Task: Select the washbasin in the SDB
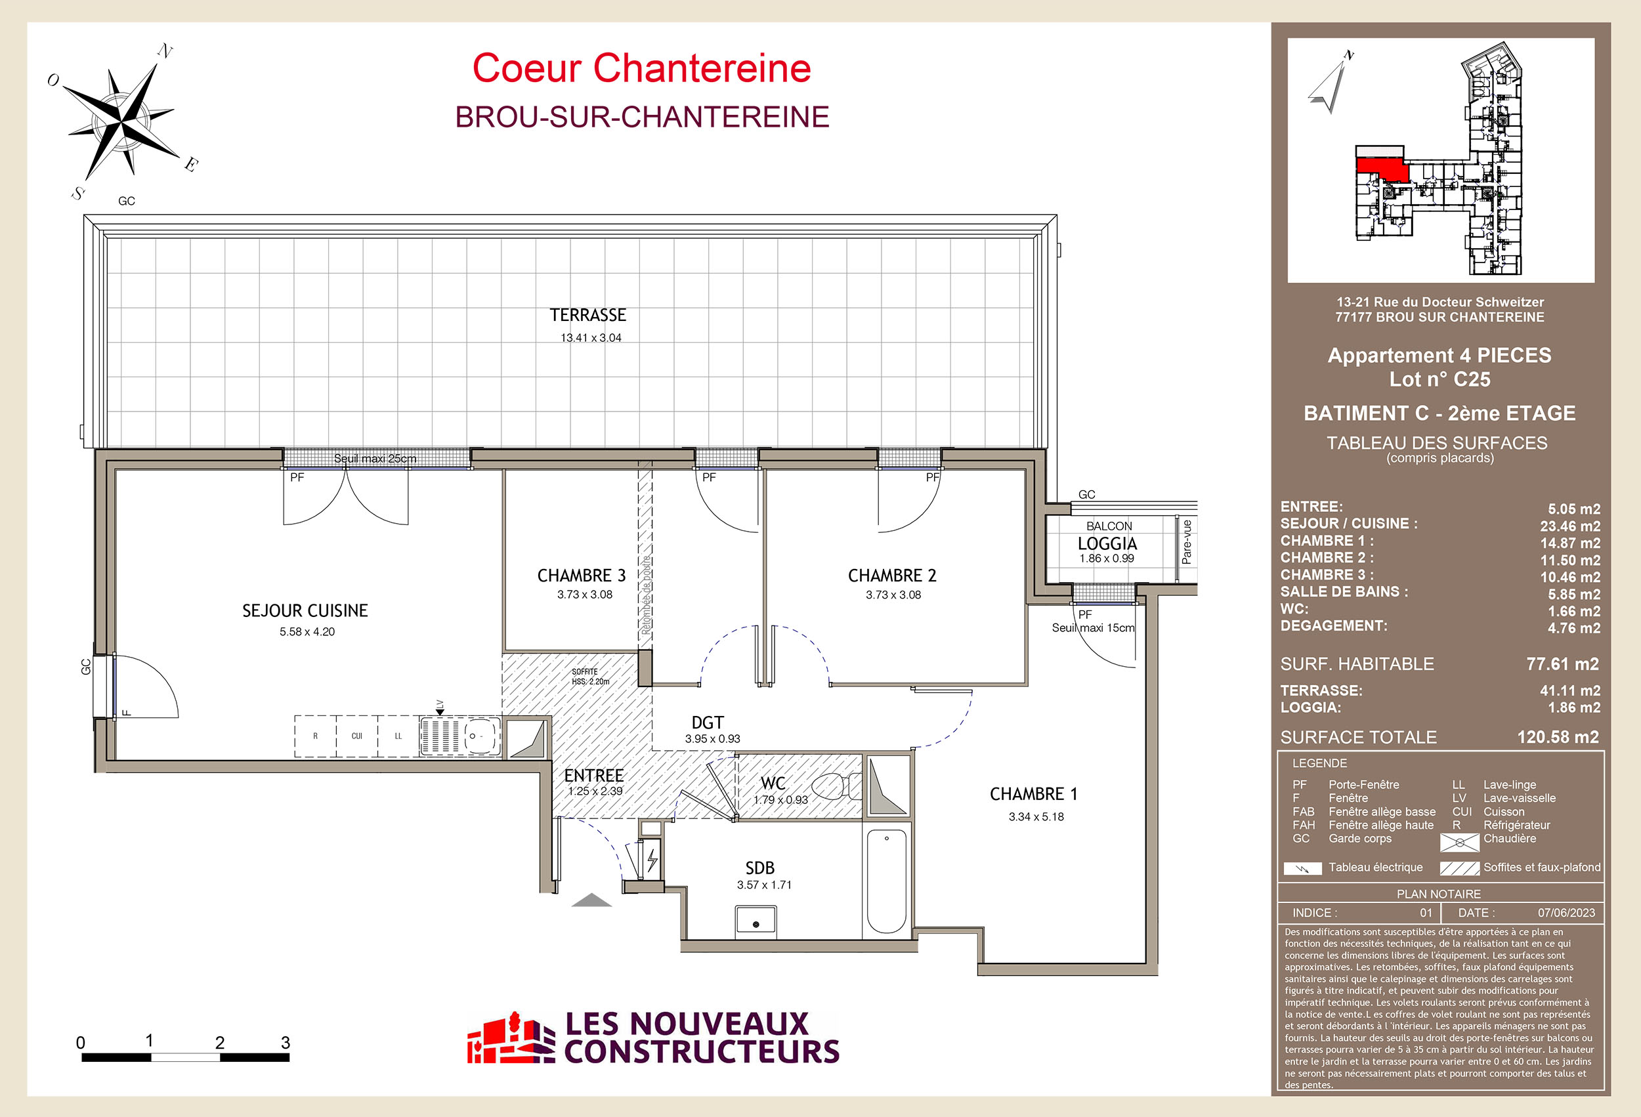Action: click(756, 922)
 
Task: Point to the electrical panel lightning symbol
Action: click(652, 859)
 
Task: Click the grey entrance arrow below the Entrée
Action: click(591, 900)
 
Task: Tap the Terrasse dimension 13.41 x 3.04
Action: click(591, 337)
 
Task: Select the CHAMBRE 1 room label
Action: click(1034, 794)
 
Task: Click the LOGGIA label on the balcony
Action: click(1107, 543)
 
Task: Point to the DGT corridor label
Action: click(708, 723)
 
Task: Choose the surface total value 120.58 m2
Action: click(1558, 737)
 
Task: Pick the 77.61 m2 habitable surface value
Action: click(1562, 664)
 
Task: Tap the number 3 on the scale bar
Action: click(286, 1042)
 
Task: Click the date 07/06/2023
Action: click(1566, 913)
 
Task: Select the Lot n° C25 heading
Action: click(1439, 379)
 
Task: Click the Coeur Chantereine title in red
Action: click(641, 68)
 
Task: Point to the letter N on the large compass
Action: click(165, 51)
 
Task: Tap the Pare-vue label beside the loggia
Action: click(1187, 541)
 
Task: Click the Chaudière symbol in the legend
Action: click(1459, 842)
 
